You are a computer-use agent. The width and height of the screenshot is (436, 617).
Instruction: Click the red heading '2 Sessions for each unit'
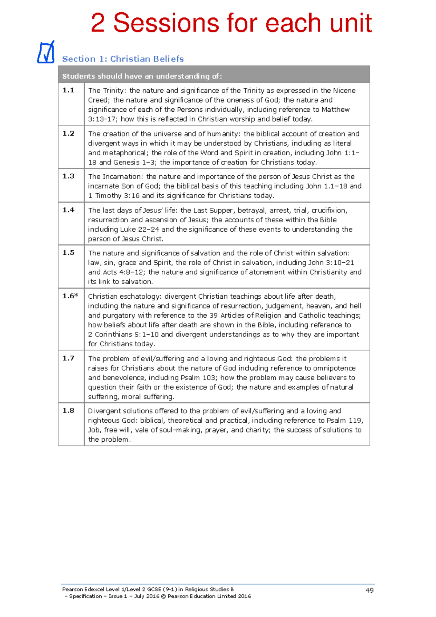click(x=231, y=23)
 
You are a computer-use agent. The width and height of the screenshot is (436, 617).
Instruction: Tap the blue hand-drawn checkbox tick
click(x=46, y=52)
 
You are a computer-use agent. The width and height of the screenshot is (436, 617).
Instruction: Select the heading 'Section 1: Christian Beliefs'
click(x=123, y=59)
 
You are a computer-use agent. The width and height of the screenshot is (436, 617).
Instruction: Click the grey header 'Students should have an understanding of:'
click(x=142, y=76)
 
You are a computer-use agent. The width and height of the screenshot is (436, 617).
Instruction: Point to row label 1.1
click(x=68, y=90)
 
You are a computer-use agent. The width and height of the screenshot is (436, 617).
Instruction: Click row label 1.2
click(x=68, y=134)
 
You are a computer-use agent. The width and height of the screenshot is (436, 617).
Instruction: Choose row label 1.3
click(x=68, y=176)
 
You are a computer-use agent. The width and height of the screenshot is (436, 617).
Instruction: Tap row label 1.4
click(x=68, y=210)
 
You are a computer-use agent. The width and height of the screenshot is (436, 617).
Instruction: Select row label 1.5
click(x=68, y=253)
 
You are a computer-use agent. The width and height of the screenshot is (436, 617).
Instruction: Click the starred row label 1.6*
click(x=70, y=296)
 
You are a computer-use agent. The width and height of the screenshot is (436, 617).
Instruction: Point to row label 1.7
click(x=68, y=358)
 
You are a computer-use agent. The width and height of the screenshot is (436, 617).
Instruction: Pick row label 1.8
click(x=68, y=411)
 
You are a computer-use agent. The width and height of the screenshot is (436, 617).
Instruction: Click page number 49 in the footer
click(x=370, y=590)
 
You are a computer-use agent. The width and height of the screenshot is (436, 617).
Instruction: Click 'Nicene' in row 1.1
click(x=344, y=91)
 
